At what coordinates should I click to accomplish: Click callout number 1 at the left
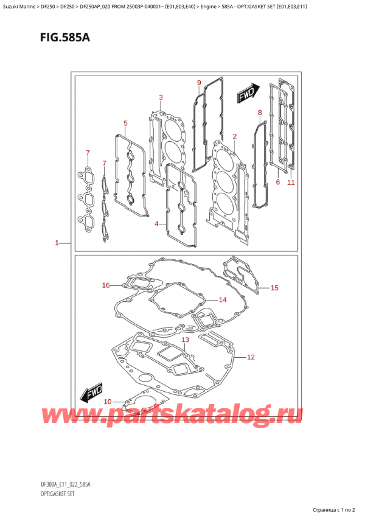tap(56, 243)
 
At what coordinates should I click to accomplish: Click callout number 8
tap(260, 113)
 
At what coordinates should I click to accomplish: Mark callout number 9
tap(198, 83)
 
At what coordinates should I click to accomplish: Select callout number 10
tap(108, 401)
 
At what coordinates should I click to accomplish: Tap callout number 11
tap(291, 182)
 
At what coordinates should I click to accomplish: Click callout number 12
tap(251, 357)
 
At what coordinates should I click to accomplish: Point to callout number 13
tap(185, 340)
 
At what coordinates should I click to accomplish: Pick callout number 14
tap(222, 299)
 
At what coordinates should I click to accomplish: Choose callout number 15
tap(274, 288)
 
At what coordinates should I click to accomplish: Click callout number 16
tap(106, 285)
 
